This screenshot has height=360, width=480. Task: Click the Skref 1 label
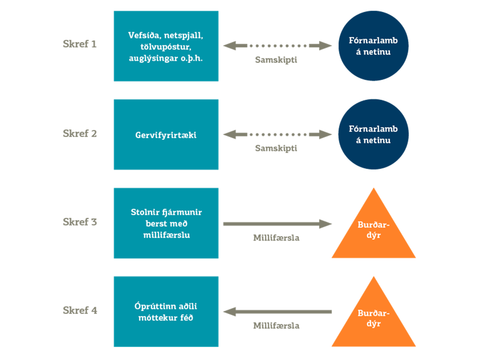pyautogui.click(x=80, y=44)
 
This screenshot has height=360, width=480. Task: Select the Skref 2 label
pyautogui.click(x=80, y=133)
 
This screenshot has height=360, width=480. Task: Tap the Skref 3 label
pyautogui.click(x=80, y=222)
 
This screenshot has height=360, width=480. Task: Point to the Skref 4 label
pyautogui.click(x=80, y=310)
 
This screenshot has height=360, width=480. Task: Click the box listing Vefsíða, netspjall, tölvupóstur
pyautogui.click(x=166, y=46)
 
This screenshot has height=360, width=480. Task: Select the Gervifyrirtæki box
pyautogui.click(x=166, y=135)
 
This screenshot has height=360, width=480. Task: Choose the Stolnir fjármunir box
pyautogui.click(x=166, y=223)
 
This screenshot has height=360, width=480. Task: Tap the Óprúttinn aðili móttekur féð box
pyautogui.click(x=166, y=312)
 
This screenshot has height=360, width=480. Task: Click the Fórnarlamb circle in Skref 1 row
pyautogui.click(x=373, y=46)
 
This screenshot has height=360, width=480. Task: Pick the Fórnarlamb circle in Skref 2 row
pyautogui.click(x=373, y=134)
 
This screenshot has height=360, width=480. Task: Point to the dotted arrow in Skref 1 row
pyautogui.click(x=277, y=46)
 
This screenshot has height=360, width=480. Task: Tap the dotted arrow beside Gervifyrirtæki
pyautogui.click(x=277, y=134)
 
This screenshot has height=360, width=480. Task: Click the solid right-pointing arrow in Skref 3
pyautogui.click(x=277, y=224)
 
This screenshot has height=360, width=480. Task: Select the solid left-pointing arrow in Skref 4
pyautogui.click(x=277, y=312)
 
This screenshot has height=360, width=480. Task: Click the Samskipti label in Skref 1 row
pyautogui.click(x=276, y=60)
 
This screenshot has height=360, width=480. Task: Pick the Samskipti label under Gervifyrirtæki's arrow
pyautogui.click(x=276, y=148)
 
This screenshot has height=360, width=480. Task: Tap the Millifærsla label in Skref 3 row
pyautogui.click(x=276, y=238)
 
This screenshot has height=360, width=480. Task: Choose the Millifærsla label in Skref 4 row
pyautogui.click(x=276, y=326)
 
